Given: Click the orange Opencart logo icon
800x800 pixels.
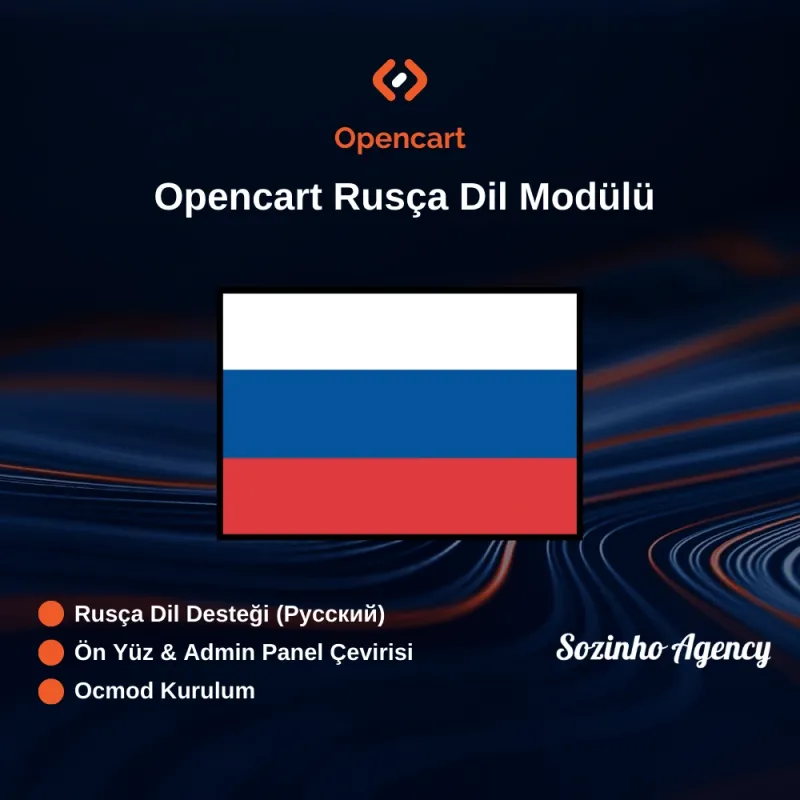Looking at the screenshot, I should [x=400, y=80].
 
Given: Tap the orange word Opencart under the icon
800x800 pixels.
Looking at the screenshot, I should [x=400, y=138].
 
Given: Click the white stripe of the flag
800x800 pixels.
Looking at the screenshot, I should [x=400, y=331].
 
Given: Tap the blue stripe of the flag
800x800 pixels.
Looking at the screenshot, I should [x=400, y=413].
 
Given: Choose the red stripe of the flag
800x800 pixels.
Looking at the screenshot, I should [x=400, y=495].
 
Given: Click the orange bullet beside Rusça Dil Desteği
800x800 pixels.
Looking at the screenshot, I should [x=51, y=613].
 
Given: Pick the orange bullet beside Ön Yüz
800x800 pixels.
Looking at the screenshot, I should [x=51, y=652].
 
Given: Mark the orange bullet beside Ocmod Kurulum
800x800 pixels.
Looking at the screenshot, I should [x=51, y=690].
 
